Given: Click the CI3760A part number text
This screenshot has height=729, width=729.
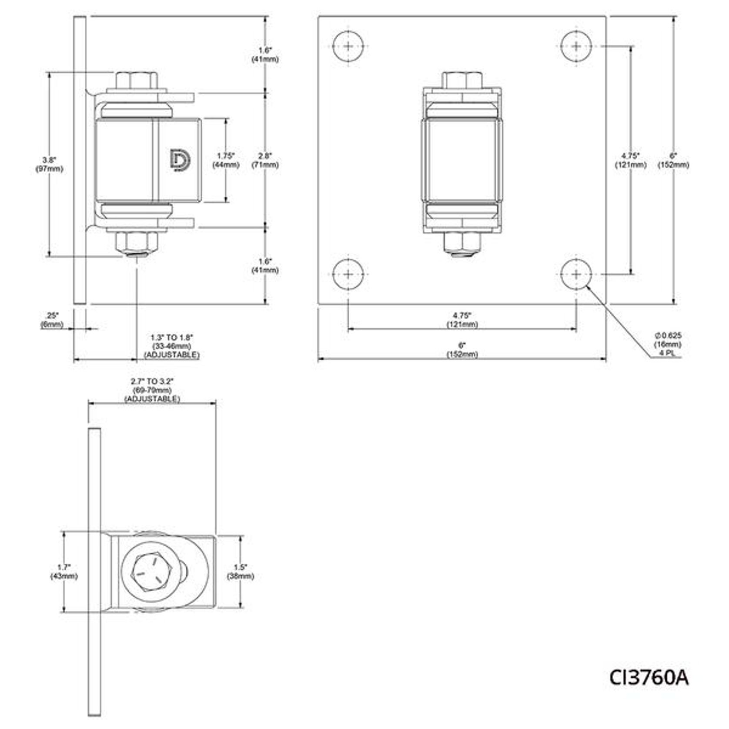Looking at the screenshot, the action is [649, 677].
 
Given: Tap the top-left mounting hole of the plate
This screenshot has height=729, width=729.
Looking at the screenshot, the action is [348, 46].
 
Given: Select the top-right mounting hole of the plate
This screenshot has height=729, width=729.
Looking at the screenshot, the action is [576, 46].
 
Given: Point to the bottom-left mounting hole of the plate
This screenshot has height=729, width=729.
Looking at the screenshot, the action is [348, 274].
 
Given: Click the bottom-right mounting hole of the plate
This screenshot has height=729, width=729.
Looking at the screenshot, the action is [576, 274].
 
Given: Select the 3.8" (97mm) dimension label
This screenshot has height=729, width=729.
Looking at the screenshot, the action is [49, 164].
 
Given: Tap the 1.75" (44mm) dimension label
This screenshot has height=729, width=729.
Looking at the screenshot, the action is [226, 160].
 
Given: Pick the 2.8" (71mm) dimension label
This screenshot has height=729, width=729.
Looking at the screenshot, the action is [265, 160].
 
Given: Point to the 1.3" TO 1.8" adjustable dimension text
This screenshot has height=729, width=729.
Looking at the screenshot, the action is [172, 346].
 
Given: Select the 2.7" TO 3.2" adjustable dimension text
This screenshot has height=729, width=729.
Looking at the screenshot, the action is [152, 389].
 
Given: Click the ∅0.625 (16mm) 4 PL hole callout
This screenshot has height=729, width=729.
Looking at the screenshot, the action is [668, 344].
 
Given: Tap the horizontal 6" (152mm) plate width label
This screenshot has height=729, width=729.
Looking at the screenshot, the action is [462, 350].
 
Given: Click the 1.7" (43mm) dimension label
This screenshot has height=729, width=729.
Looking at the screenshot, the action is [64, 571].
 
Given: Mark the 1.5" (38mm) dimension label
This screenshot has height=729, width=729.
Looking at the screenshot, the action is [240, 571].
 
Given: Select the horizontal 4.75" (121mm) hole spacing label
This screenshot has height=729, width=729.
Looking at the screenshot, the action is [462, 319].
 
